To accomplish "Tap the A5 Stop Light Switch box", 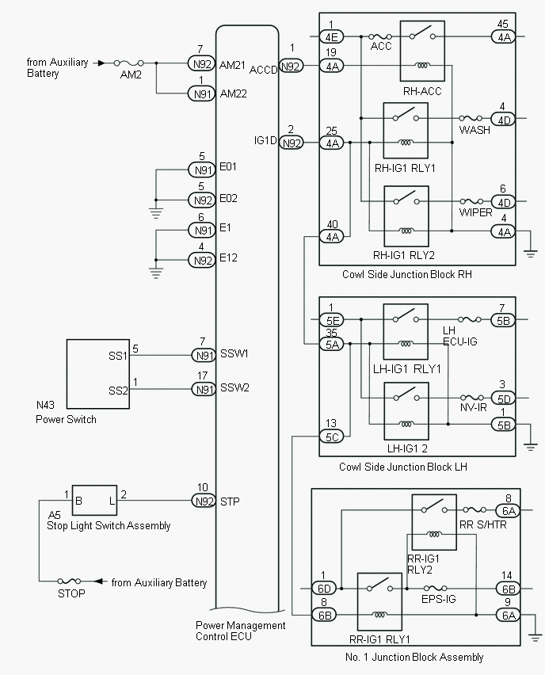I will (94, 501).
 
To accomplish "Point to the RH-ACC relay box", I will (422, 52).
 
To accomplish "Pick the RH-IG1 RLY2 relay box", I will (406, 216).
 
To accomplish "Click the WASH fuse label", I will (474, 131).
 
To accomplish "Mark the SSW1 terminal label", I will (234, 354).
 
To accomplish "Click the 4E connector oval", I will (331, 36).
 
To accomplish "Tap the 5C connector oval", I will (331, 436).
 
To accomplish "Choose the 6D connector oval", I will (323, 589).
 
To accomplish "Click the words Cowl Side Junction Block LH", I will (402, 467).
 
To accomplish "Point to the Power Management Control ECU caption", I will (241, 631).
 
